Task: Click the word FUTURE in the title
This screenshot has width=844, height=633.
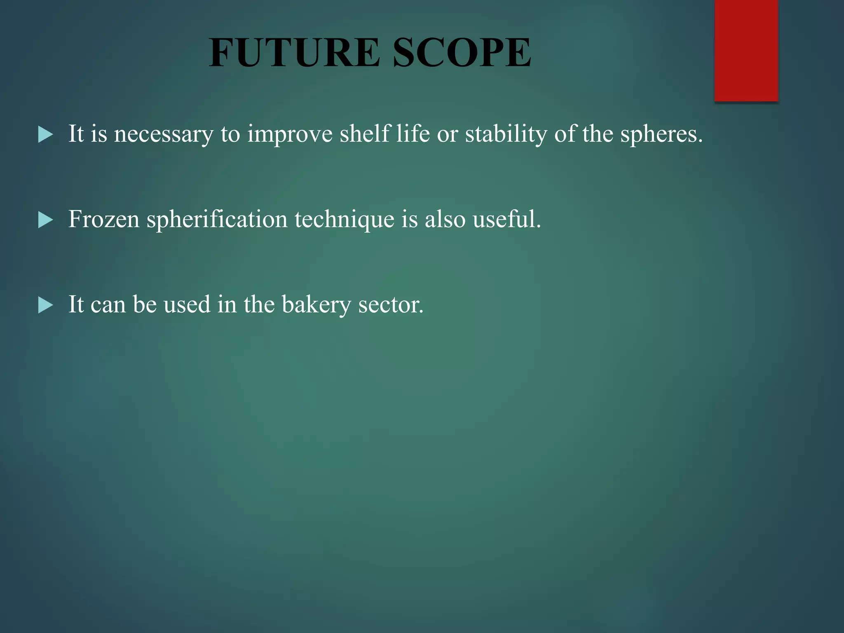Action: pyautogui.click(x=294, y=52)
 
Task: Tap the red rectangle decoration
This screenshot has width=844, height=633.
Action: pyautogui.click(x=746, y=50)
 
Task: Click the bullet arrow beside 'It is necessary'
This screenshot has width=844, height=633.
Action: pyautogui.click(x=45, y=134)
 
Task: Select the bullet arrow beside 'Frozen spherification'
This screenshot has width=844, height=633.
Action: pyautogui.click(x=45, y=220)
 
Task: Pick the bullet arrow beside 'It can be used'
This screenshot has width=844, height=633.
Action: pyautogui.click(x=45, y=305)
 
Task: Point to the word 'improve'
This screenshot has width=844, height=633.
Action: pyautogui.click(x=289, y=134)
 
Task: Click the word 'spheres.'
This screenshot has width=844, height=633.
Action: pyautogui.click(x=661, y=134)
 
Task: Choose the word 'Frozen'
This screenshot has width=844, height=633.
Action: pyautogui.click(x=103, y=219)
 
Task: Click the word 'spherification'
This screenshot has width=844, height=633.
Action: pyautogui.click(x=217, y=220)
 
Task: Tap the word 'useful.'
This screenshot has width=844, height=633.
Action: pyautogui.click(x=506, y=219)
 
